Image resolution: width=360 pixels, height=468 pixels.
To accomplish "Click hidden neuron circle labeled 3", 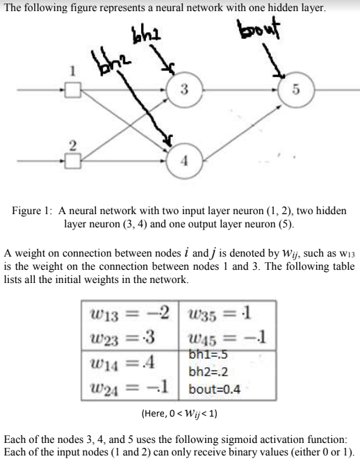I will coord(183,89).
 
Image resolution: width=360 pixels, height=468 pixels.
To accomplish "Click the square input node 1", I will coord(74,89).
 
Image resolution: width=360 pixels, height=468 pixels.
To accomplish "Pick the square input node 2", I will coord(74,162).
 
